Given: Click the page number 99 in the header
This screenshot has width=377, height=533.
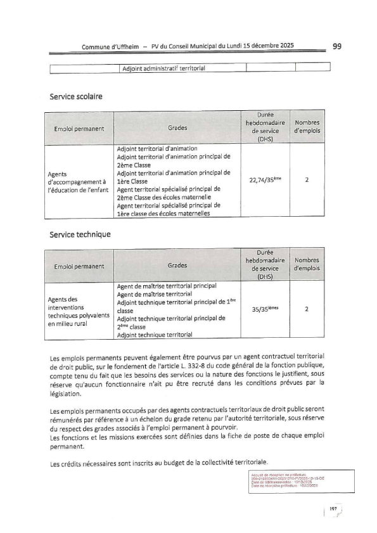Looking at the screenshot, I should (x=336, y=46).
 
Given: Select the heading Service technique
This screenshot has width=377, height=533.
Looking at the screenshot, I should (x=80, y=234).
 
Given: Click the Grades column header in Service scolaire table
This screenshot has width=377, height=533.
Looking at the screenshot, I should (x=177, y=128).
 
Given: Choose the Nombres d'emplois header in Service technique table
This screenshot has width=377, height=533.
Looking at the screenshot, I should (x=307, y=264).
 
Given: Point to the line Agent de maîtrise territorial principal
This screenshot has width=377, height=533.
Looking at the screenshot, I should (x=167, y=286).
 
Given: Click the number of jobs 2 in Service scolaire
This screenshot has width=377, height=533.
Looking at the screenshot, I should (x=307, y=180).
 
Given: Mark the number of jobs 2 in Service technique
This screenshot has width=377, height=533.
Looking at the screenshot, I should (x=307, y=309).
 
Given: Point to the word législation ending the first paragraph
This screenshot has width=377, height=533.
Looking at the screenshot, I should (x=67, y=392).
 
